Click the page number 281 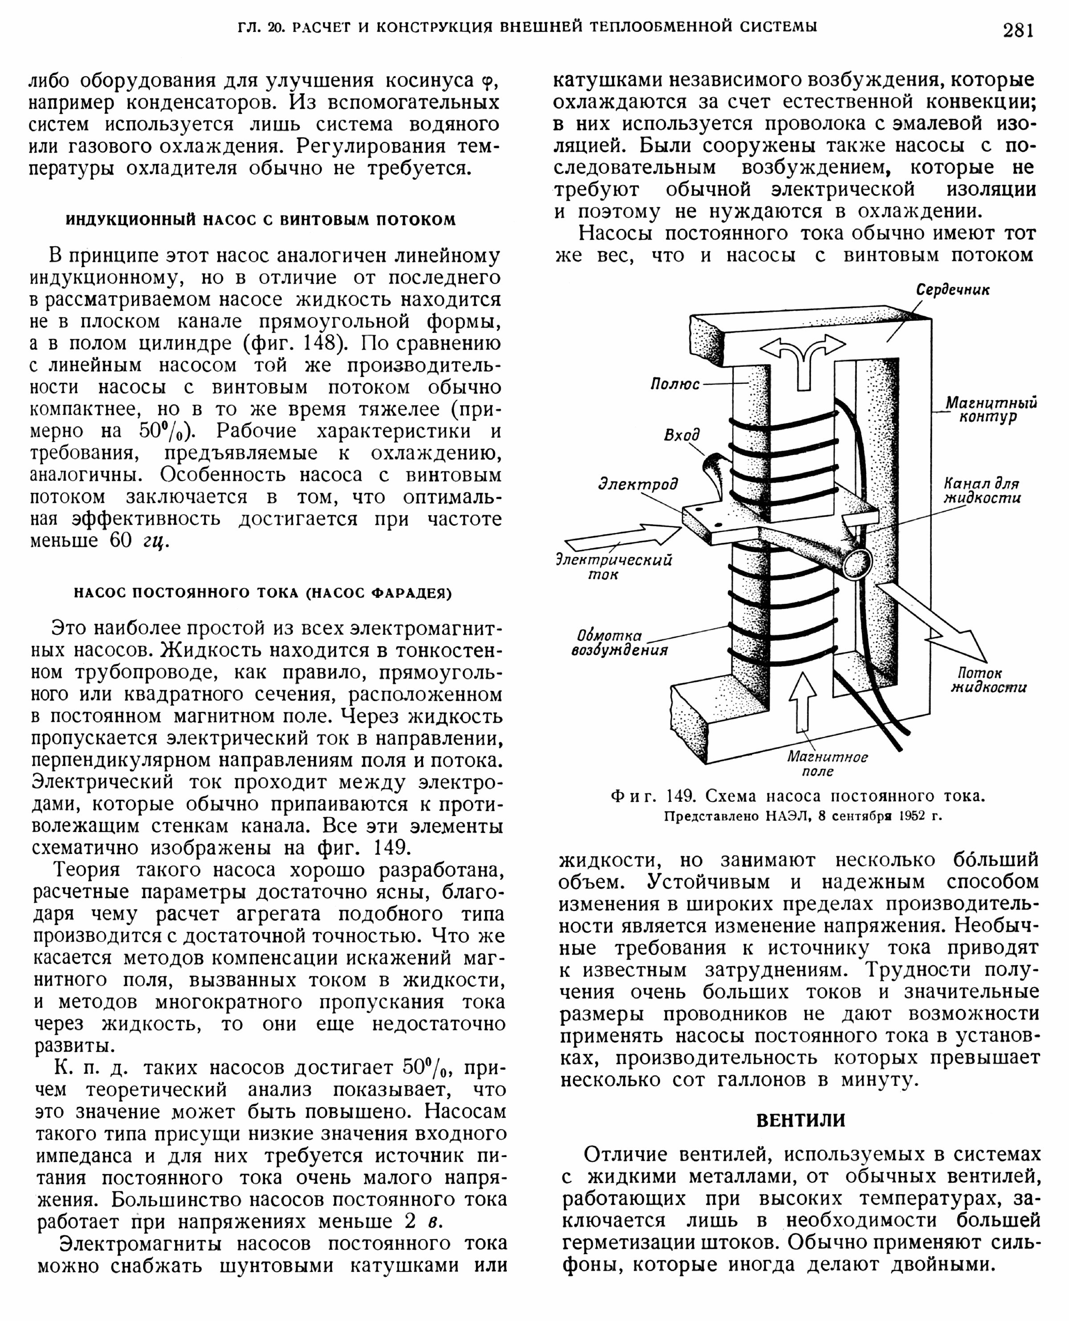click(1018, 29)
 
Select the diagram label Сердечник click(953, 289)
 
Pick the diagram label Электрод click(638, 484)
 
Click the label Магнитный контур click(991, 409)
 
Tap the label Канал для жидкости click(982, 491)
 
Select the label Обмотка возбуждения click(619, 642)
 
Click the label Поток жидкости click(988, 680)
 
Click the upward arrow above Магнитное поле click(803, 702)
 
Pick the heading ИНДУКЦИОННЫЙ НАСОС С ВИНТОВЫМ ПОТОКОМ click(261, 220)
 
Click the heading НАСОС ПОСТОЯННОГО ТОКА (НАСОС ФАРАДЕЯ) click(263, 593)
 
